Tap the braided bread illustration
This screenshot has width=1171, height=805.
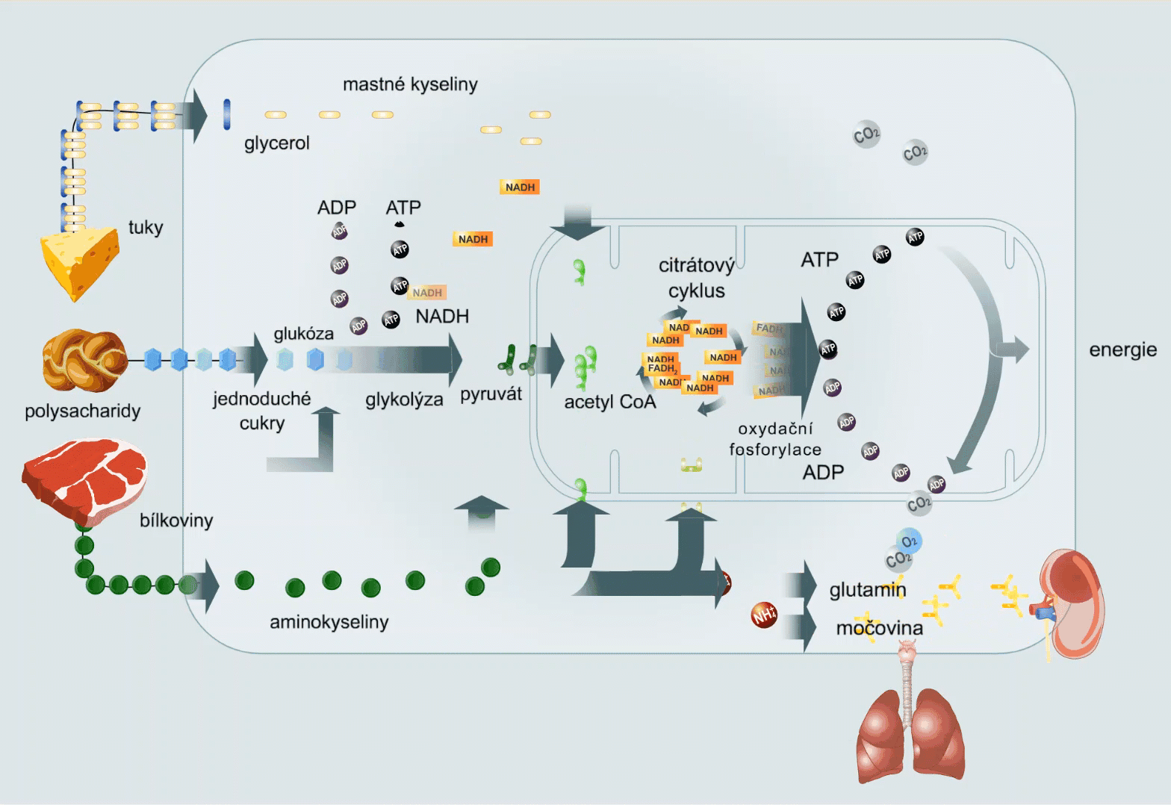[84, 361]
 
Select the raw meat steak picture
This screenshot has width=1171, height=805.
[84, 480]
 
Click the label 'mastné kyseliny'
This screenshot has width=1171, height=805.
[410, 84]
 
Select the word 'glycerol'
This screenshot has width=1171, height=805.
[276, 143]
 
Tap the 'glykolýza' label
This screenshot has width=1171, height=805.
[404, 400]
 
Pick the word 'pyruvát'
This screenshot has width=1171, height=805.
[491, 394]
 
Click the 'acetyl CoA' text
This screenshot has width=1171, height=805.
[609, 402]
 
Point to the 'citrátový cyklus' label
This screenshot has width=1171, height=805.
[696, 278]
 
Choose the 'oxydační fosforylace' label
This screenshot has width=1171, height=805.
[775, 439]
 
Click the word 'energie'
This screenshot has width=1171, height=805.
[1122, 349]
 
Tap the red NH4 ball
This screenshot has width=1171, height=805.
[764, 615]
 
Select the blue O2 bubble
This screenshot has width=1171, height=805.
[909, 541]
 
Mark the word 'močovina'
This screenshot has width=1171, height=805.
[879, 628]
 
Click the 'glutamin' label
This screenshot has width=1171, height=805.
[867, 590]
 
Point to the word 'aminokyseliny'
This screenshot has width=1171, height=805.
[329, 622]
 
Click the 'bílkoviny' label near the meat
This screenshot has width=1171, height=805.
[176, 520]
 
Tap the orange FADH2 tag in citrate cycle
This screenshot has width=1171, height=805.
[662, 368]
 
